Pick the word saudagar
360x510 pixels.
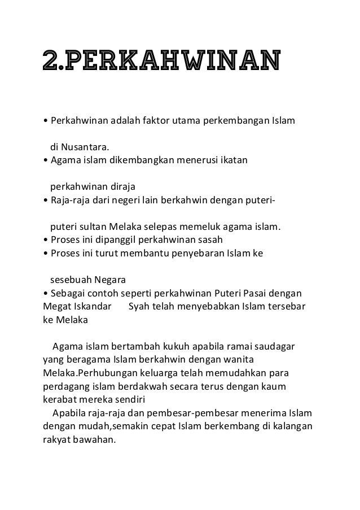click(x=279, y=346)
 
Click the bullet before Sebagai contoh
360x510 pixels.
click(x=45, y=294)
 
